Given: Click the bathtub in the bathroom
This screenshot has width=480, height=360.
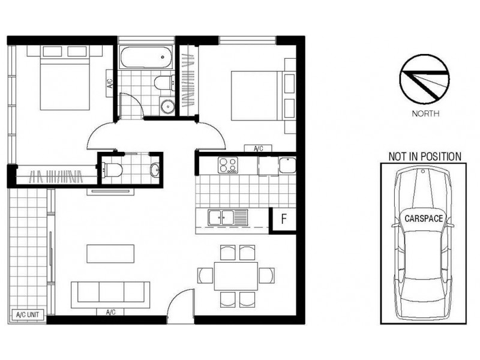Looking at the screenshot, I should click(x=146, y=59).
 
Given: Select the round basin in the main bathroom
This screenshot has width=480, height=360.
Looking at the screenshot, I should click(x=167, y=106).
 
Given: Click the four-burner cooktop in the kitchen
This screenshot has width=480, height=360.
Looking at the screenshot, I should click(x=227, y=164).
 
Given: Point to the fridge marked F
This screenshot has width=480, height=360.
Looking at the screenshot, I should click(x=284, y=219).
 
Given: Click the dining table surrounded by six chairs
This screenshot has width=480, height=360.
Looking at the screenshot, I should click(x=235, y=275).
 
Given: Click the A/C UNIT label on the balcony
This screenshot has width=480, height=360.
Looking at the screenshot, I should click(x=27, y=314).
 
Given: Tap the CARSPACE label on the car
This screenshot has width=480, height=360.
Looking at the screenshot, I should click(x=422, y=219).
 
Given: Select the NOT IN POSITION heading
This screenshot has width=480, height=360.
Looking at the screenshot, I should click(x=424, y=157).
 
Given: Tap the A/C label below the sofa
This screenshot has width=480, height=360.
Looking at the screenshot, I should click(x=110, y=312).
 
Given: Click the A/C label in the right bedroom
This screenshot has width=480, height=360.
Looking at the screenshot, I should click(x=259, y=148).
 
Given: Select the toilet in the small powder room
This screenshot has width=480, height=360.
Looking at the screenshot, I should click(x=114, y=169).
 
